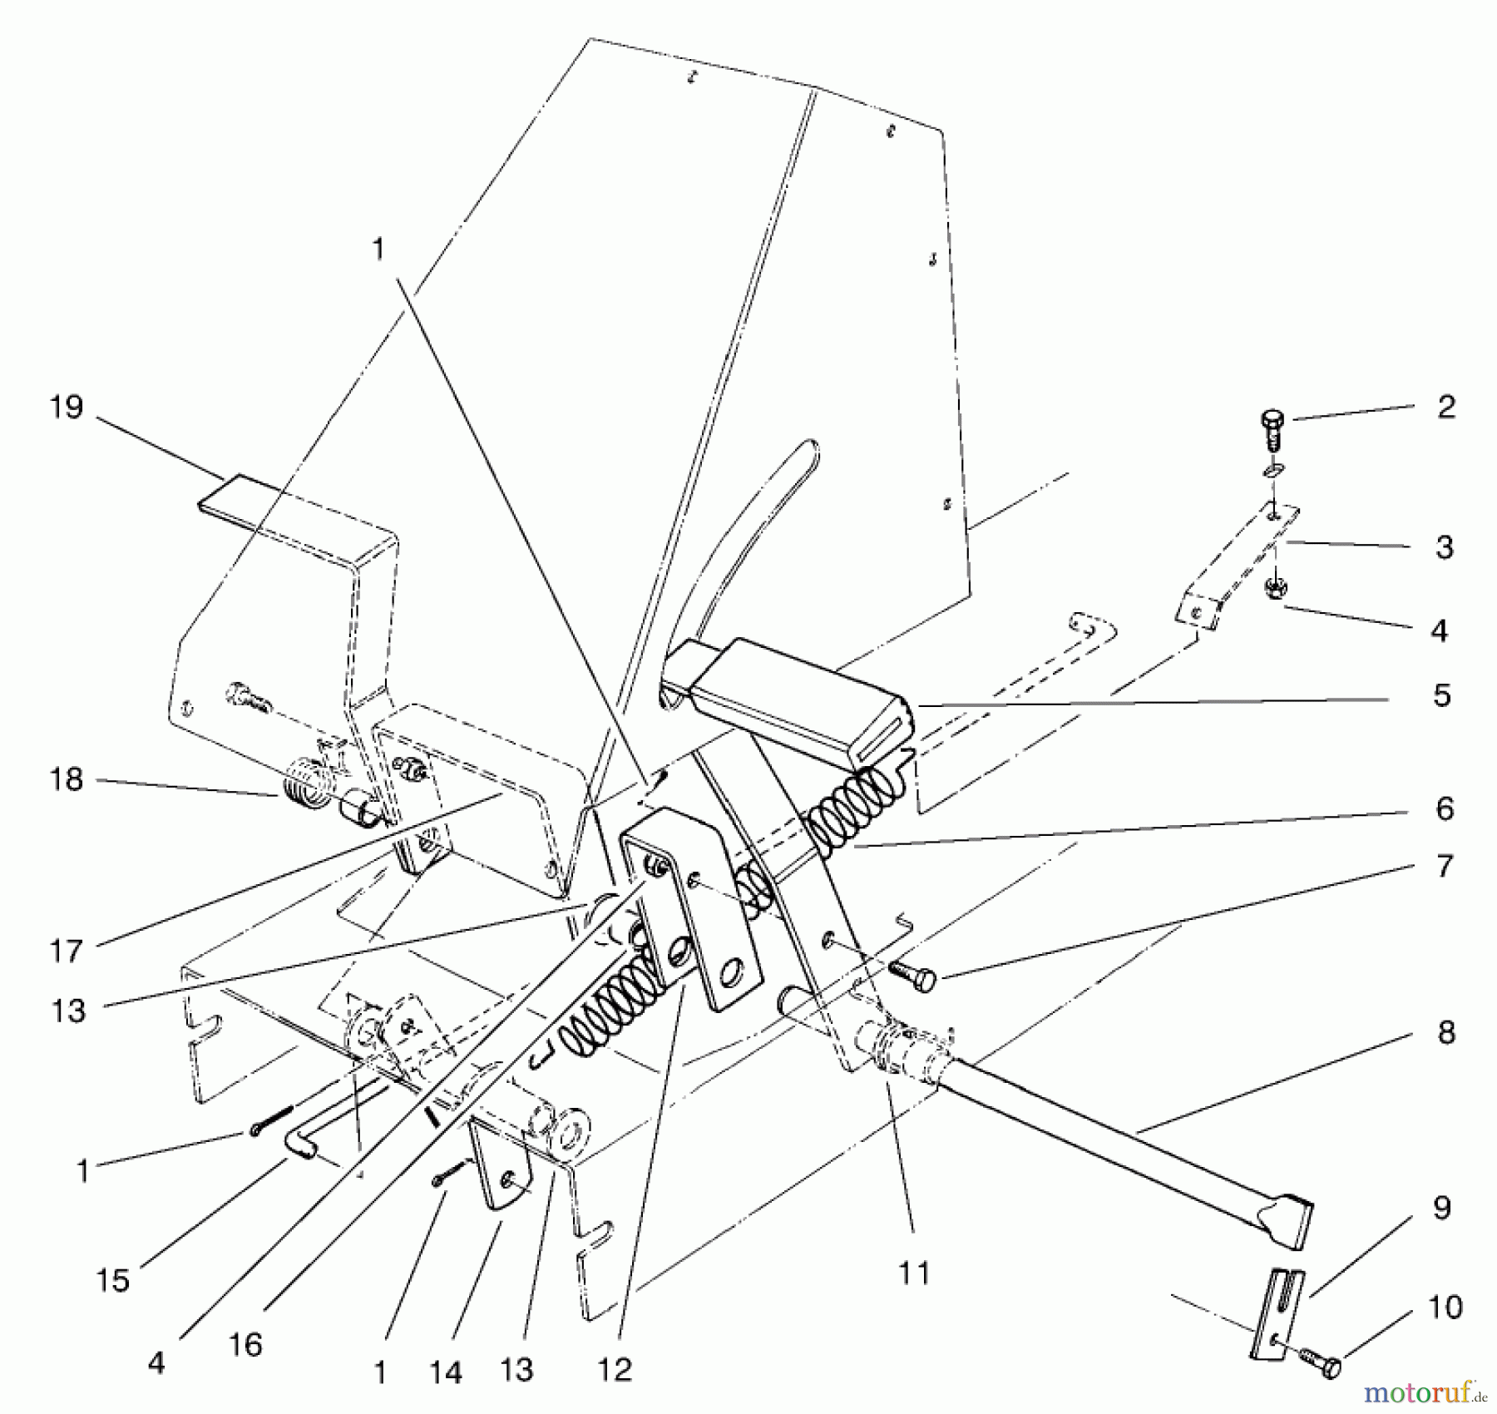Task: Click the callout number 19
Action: pos(67,408)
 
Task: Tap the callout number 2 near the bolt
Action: pos(1445,408)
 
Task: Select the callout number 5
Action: pos(1442,695)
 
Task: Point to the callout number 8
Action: pos(1445,1033)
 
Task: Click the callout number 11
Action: pos(913,1274)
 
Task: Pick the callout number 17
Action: pos(66,950)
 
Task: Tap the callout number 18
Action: pos(67,780)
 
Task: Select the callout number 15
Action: pos(112,1281)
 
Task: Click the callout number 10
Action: pos(1445,1308)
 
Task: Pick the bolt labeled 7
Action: pos(913,976)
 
